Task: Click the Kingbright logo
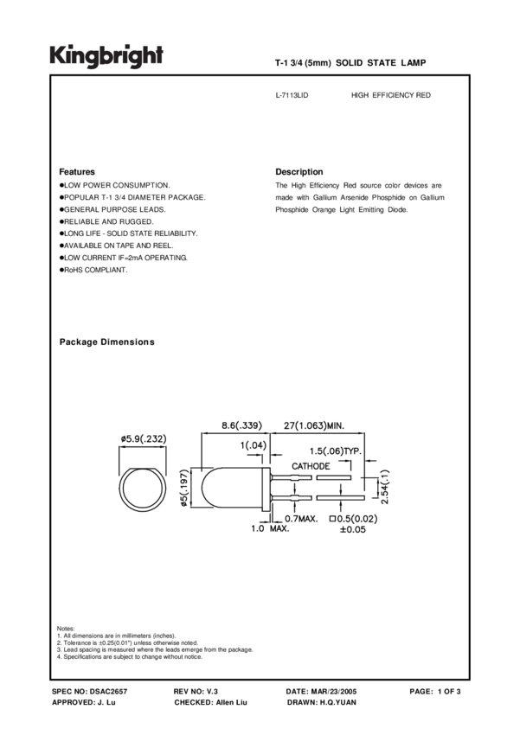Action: [106, 56]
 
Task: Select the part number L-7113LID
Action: [291, 95]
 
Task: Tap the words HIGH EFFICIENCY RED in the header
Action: [390, 95]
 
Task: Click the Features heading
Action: [77, 172]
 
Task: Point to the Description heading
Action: [299, 172]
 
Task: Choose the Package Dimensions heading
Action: [106, 342]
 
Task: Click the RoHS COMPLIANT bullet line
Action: [95, 271]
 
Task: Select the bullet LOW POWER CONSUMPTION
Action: [116, 186]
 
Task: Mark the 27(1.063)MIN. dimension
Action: [315, 425]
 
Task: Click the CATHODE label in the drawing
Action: [310, 466]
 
